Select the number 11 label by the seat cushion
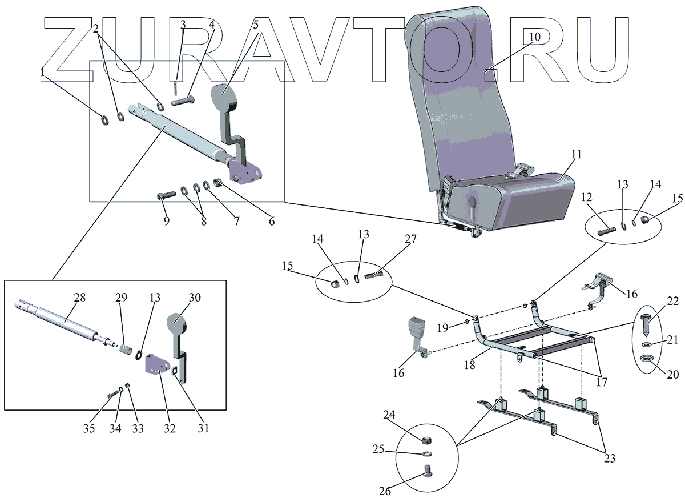click(x=576, y=155)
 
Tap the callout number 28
click(x=79, y=298)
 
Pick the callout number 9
click(x=166, y=220)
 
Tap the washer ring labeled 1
click(x=104, y=120)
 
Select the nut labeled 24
click(x=426, y=440)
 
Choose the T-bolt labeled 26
click(x=428, y=472)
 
